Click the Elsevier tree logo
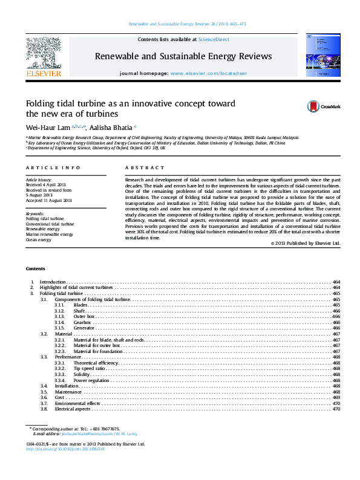pyautogui.click(x=43, y=53)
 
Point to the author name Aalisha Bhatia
pyautogui.click(x=113, y=128)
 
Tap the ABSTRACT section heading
pyautogui.click(x=145, y=167)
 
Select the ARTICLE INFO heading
pyautogui.click(x=53, y=167)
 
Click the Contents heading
pyautogui.click(x=36, y=268)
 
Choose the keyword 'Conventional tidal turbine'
pyautogui.click(x=50, y=224)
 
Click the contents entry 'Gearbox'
pyautogui.click(x=82, y=323)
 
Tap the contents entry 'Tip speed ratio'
pyautogui.click(x=90, y=368)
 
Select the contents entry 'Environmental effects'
pyautogui.click(x=77, y=403)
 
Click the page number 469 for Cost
pyautogui.click(x=336, y=397)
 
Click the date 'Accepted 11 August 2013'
pyautogui.click(x=48, y=200)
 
